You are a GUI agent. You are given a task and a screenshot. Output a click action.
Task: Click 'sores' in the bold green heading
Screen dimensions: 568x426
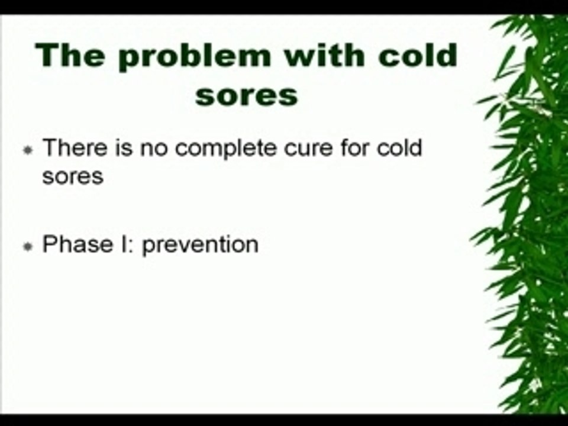click(x=247, y=96)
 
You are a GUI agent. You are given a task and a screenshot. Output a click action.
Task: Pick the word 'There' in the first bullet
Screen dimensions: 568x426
click(x=75, y=148)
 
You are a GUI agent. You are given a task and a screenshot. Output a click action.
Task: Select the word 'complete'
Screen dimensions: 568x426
click(x=225, y=149)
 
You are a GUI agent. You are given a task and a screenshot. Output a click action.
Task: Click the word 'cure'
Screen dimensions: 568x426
click(x=308, y=150)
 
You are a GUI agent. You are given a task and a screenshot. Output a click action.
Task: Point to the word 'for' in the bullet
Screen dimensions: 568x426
click(x=354, y=148)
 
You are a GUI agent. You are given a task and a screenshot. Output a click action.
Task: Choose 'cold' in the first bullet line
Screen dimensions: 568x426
click(x=399, y=148)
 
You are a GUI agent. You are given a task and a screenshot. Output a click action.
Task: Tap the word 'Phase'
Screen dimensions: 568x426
click(x=78, y=244)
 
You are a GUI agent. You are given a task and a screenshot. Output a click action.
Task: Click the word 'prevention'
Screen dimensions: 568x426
click(x=201, y=246)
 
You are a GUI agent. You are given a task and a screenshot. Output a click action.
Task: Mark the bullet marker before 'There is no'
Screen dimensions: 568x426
click(x=28, y=150)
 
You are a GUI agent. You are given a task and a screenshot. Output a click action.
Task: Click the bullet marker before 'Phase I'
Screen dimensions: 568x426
click(x=28, y=246)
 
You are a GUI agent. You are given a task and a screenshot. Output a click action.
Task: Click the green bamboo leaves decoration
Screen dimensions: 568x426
click(x=525, y=214)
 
